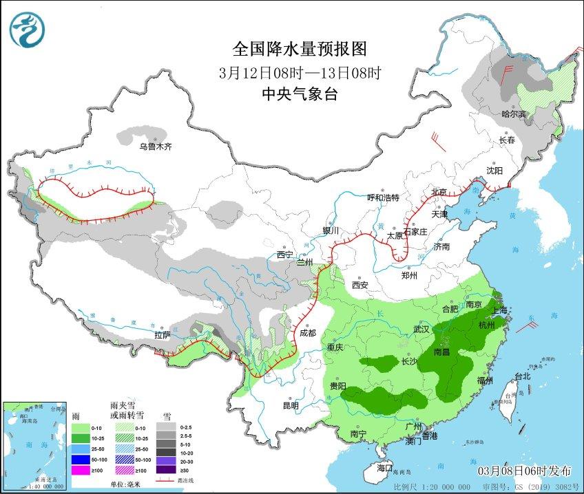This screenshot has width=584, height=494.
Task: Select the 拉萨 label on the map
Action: [162, 335]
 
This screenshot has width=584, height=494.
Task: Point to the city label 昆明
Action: [291, 405]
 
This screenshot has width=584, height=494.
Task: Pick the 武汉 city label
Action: [421, 330]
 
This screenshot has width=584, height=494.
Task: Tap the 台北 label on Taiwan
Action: [523, 376]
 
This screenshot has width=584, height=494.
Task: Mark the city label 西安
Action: [361, 284]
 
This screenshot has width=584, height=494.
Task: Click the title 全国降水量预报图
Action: [300, 49]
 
